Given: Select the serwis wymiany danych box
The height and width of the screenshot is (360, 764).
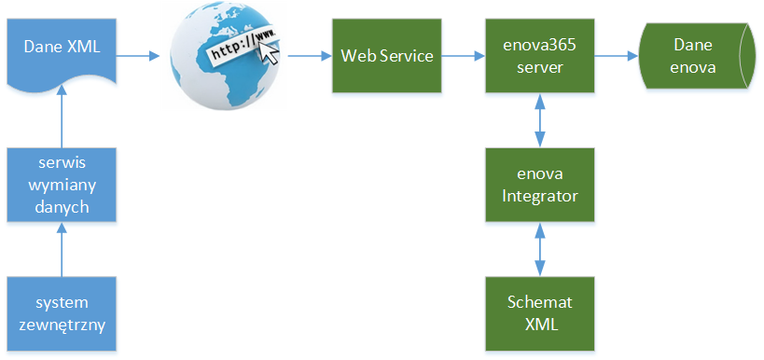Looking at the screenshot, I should click(62, 185).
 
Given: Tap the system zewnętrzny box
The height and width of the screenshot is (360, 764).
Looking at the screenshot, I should click(62, 314).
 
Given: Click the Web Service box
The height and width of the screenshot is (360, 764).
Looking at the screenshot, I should click(387, 56).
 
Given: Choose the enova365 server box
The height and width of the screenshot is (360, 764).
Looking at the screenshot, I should click(539, 56).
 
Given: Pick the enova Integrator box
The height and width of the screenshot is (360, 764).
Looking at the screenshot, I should click(539, 185).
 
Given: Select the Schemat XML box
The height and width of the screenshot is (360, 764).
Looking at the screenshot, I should click(539, 314).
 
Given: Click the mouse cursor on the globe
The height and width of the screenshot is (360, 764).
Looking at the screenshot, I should click(269, 53).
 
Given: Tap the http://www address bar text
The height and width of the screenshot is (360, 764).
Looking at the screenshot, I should click(241, 45).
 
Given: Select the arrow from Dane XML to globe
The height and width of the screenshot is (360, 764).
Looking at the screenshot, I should click(137, 56).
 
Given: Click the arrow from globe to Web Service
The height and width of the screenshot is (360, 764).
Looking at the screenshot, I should click(308, 56).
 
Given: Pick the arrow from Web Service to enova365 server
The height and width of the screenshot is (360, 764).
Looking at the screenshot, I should click(464, 56).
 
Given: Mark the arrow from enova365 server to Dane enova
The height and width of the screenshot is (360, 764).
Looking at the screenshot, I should click(616, 56).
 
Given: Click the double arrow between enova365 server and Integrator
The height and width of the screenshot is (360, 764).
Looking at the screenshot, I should click(539, 120).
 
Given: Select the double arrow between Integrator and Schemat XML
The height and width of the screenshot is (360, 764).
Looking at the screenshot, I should click(539, 249).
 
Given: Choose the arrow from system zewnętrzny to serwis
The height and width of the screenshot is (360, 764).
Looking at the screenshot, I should click(62, 250).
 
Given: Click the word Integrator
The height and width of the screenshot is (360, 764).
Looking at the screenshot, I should click(539, 195).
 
